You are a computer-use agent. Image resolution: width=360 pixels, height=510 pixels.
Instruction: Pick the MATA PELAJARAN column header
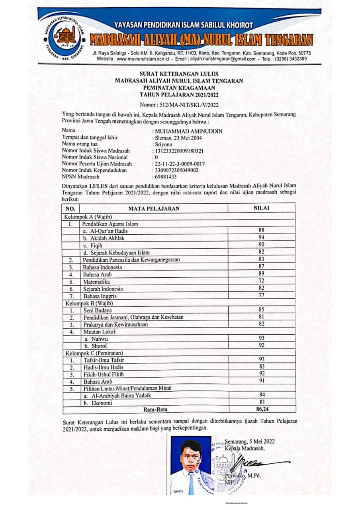(x=154, y=208)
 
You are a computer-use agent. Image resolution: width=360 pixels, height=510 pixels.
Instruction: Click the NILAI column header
(x=261, y=208)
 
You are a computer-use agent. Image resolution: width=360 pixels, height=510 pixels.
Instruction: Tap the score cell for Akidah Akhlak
(x=261, y=237)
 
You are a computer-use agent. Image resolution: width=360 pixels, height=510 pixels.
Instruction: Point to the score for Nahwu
(x=261, y=338)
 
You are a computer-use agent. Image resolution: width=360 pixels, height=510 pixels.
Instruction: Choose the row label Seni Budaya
(x=98, y=310)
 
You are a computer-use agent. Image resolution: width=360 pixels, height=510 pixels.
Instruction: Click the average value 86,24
(x=261, y=409)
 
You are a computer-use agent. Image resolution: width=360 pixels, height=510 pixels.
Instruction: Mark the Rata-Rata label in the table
(x=155, y=409)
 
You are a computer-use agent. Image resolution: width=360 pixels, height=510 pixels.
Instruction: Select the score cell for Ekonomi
(x=261, y=402)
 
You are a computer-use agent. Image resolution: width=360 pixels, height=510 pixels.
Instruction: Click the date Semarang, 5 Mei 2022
(x=249, y=441)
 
